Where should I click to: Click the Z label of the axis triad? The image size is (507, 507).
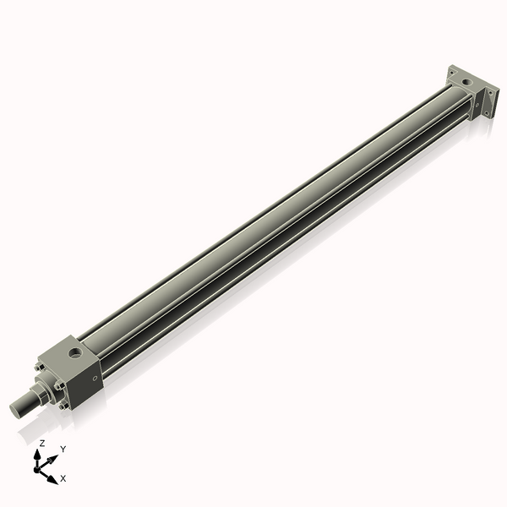pyautogui.click(x=42, y=444)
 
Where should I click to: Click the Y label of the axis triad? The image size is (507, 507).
pyautogui.click(x=63, y=449)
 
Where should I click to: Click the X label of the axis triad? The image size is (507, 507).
pyautogui.click(x=63, y=478)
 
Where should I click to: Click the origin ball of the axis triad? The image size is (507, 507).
pyautogui.click(x=37, y=470)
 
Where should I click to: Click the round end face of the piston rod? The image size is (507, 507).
pyautogui.click(x=15, y=410)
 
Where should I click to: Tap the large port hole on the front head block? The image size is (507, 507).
pyautogui.click(x=75, y=352)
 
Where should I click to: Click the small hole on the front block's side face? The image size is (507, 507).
pyautogui.click(x=95, y=379)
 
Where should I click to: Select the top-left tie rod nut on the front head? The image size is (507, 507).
pyautogui.click(x=40, y=367)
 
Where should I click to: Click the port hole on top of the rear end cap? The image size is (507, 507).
pyautogui.click(x=467, y=82)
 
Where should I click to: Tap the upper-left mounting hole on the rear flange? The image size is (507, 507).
pyautogui.click(x=452, y=73)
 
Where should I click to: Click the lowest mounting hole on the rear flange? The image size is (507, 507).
pyautogui.click(x=487, y=112)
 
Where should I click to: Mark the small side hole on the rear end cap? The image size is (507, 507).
pyautogui.click(x=477, y=105)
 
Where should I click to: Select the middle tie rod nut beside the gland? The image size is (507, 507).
pyautogui.click(x=59, y=385)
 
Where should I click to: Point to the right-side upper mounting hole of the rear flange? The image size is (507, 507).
pyautogui.click(x=490, y=93)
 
